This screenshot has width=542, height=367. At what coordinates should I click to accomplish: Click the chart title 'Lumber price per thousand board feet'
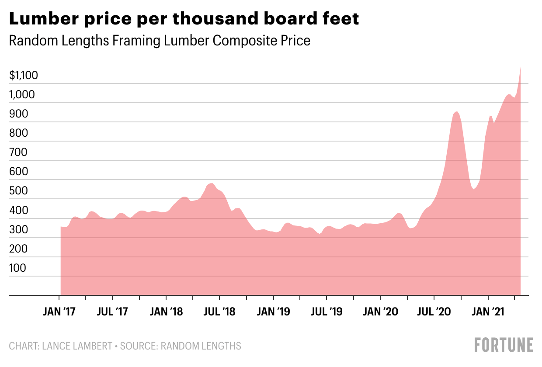point(184,19)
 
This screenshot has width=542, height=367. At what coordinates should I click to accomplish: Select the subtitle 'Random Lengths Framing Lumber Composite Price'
point(160,41)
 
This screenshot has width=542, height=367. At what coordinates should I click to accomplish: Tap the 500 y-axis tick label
point(18,191)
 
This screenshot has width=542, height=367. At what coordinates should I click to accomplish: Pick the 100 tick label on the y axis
point(18,268)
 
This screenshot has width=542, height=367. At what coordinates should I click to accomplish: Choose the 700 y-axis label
point(18,152)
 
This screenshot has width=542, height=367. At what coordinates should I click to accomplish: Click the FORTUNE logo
point(504,345)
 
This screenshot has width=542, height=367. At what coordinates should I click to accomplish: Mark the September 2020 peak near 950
point(456,112)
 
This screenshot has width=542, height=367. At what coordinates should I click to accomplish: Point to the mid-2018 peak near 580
point(211,183)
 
